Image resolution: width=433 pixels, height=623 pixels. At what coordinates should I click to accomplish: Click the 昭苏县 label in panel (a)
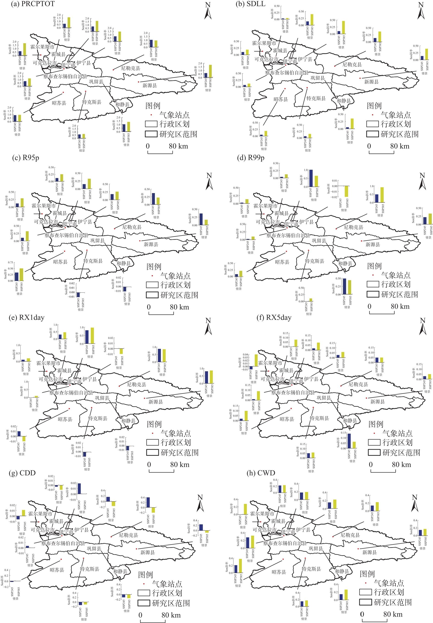(x=59, y=103)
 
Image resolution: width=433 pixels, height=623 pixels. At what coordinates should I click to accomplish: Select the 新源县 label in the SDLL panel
(x=371, y=82)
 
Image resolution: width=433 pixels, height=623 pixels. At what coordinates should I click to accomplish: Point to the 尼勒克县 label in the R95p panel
(x=132, y=227)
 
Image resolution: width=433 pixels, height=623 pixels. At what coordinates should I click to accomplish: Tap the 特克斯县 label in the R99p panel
(x=314, y=261)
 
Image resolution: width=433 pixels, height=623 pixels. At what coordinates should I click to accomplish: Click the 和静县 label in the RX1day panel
(x=128, y=421)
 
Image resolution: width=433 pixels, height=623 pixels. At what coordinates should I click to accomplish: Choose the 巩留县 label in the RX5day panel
(x=324, y=398)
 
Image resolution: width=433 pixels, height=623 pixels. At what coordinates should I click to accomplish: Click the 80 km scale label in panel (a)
(x=178, y=146)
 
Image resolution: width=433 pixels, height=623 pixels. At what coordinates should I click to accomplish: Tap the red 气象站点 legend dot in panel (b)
(x=373, y=115)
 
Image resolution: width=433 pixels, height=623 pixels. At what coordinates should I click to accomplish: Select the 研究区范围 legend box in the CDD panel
(x=144, y=603)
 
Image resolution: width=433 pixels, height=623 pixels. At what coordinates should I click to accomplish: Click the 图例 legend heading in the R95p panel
(x=153, y=267)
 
